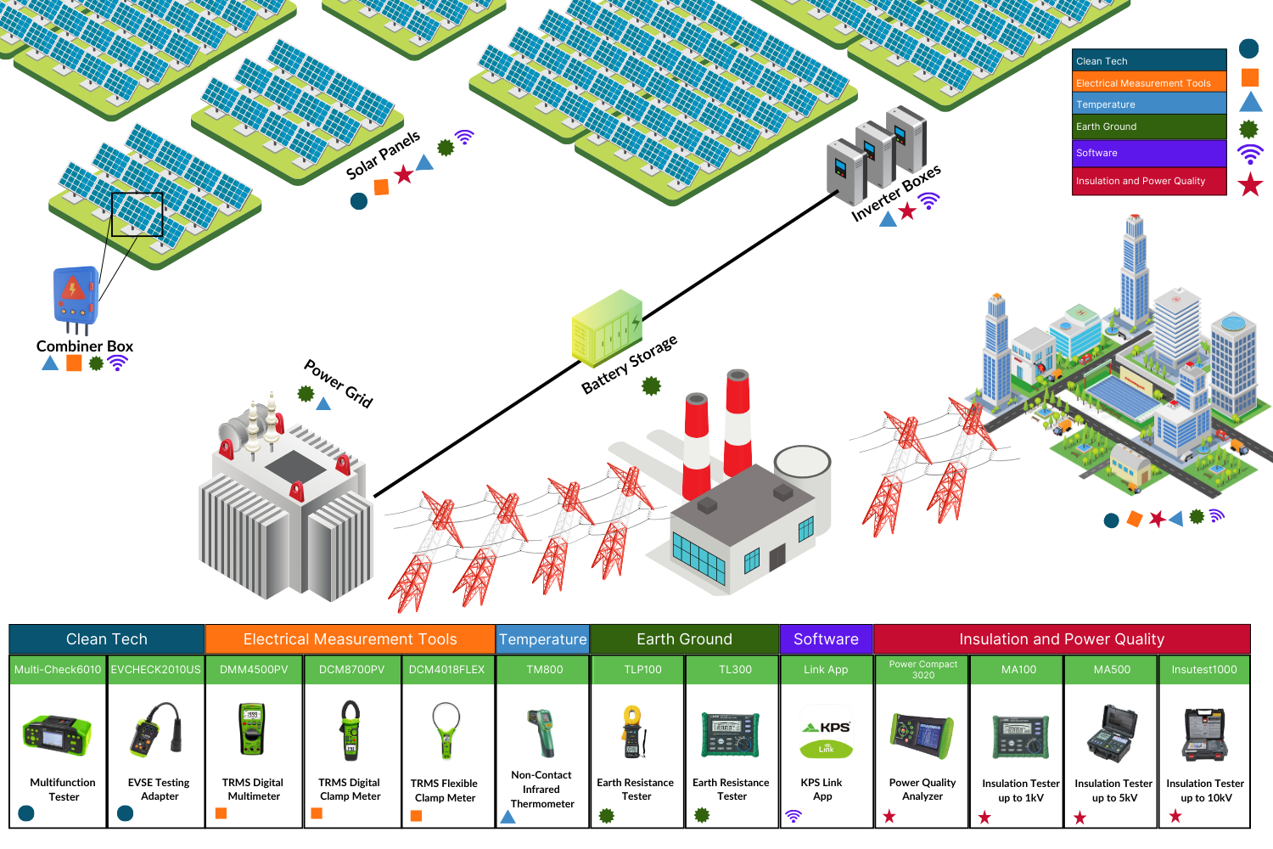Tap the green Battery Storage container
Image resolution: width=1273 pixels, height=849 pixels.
[606, 328]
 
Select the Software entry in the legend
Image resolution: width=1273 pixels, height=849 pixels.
[1149, 154]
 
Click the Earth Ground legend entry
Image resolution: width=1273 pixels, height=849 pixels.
[1149, 127]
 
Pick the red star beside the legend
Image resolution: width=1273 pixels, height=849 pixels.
[1249, 184]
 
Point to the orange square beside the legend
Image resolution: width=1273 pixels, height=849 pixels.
[1249, 77]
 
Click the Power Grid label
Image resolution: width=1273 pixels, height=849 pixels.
[339, 384]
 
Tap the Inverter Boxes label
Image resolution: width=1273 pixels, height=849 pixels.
[895, 194]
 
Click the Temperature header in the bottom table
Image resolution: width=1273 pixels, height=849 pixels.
[542, 639]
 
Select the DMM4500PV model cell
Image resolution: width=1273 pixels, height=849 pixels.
[254, 670]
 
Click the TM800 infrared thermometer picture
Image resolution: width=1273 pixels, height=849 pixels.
[541, 733]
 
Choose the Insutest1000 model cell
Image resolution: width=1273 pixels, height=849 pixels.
[1203, 670]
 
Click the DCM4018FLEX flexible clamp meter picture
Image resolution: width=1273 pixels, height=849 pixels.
[446, 731]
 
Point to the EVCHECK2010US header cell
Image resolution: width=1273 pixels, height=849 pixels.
[156, 670]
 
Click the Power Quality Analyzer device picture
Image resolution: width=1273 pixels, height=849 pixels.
[922, 735]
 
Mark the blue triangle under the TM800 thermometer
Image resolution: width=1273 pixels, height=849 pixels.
[508, 817]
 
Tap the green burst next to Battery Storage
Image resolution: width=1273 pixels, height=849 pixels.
[651, 386]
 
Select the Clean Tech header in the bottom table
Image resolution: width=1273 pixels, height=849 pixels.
[107, 639]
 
